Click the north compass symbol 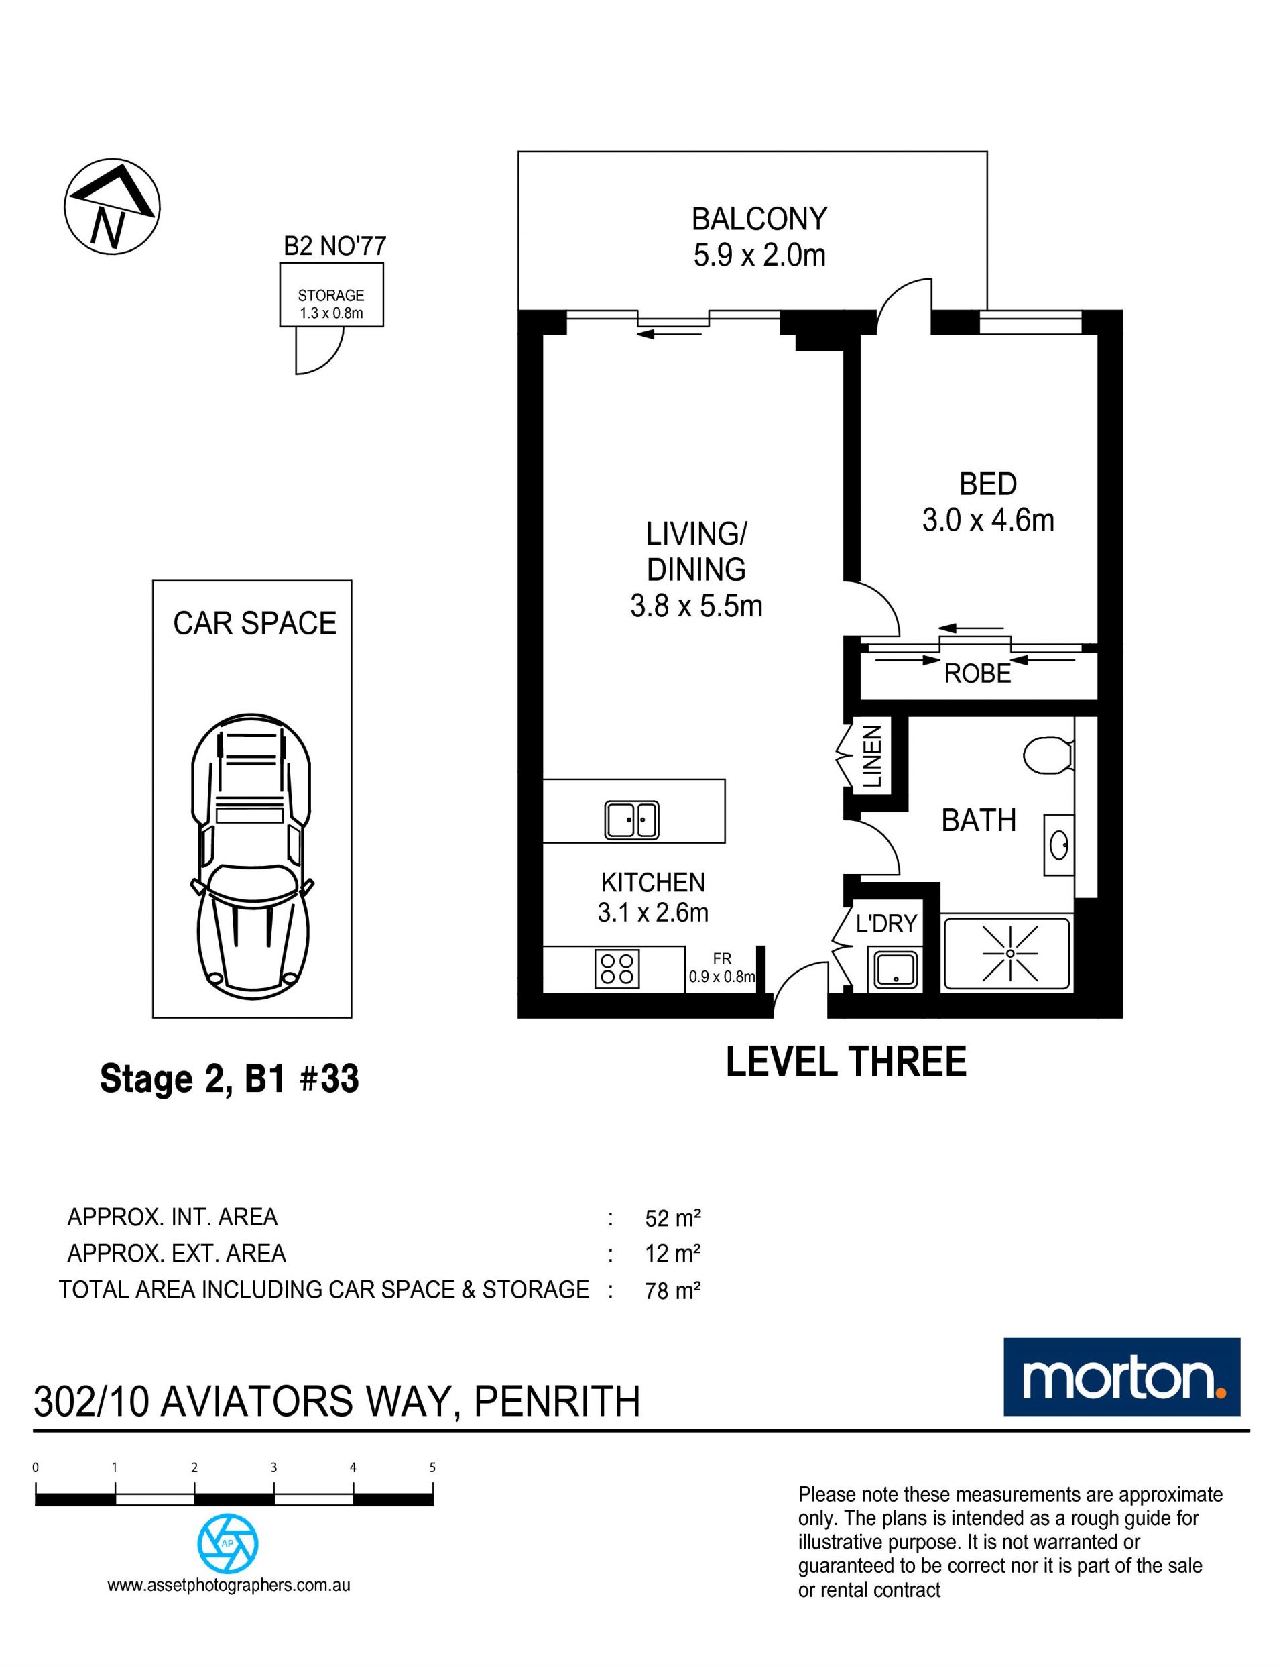pos(112,207)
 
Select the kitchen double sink pos(631,820)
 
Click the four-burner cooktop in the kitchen pos(617,968)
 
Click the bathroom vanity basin pos(1059,845)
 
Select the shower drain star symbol pos(1009,954)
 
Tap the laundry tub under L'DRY pos(897,970)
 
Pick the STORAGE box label pos(331,295)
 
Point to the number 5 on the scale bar pos(432,1467)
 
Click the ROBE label pos(977,673)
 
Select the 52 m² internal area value pos(672,1218)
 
